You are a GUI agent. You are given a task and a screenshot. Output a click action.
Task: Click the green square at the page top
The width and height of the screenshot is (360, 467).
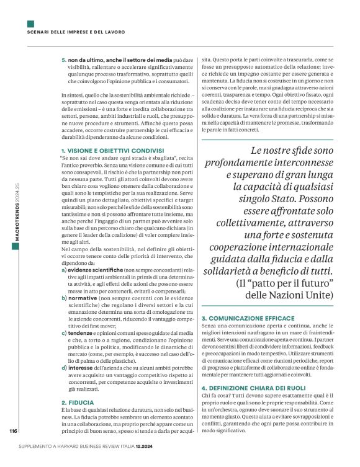[30, 24]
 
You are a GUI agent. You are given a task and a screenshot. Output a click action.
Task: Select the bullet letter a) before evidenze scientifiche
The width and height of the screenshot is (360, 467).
[64, 270]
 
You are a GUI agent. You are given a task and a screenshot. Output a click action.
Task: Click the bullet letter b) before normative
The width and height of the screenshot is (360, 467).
[64, 298]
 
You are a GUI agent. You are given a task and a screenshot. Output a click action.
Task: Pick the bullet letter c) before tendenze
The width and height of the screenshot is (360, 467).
[64, 333]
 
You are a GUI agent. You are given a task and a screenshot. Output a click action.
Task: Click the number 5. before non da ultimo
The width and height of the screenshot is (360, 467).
[64, 59]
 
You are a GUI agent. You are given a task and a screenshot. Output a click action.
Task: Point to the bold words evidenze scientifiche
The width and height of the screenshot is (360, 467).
[96, 270]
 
